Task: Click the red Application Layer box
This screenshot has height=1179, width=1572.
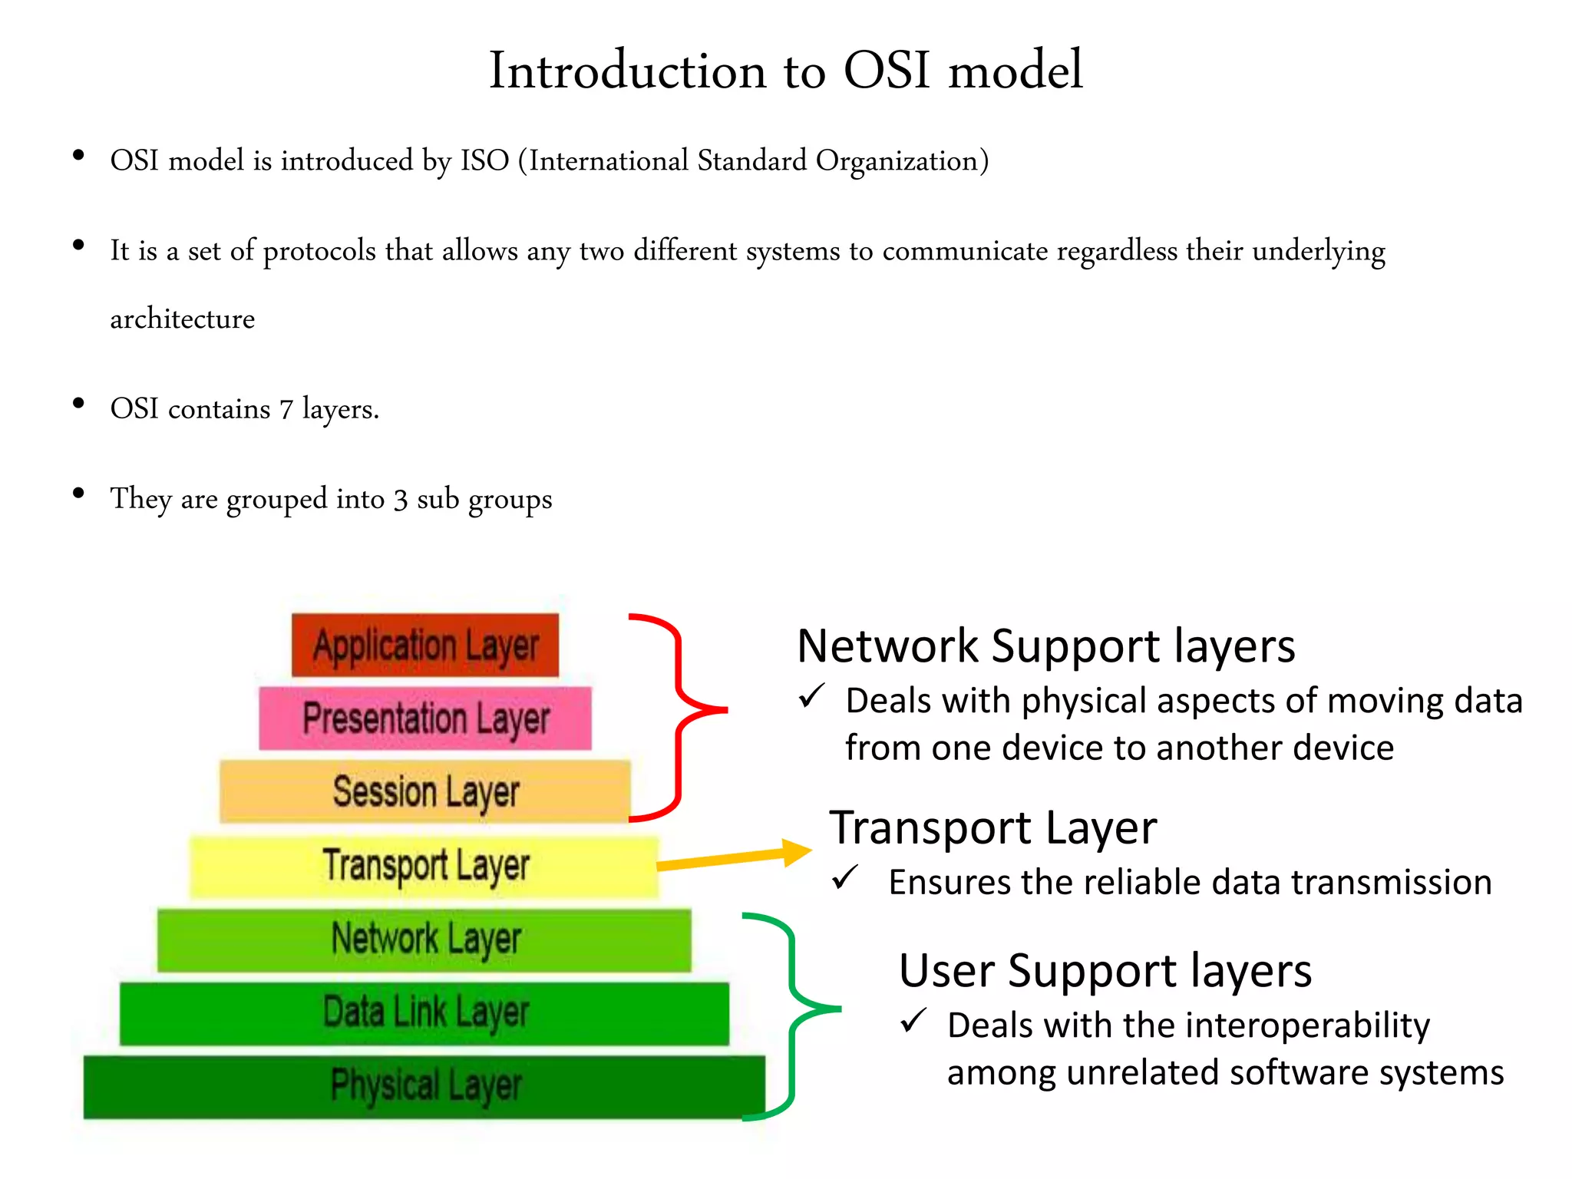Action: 424,645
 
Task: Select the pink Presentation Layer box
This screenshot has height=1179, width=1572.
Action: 424,718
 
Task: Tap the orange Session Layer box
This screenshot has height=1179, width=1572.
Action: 424,791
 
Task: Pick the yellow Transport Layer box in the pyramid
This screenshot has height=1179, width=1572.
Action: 424,865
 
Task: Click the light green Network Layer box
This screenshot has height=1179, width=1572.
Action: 424,939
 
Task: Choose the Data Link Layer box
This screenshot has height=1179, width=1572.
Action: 424,1012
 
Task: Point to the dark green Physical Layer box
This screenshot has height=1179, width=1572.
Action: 424,1085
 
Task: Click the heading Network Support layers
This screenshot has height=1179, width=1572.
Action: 1045,646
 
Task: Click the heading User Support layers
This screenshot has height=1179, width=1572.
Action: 1105,971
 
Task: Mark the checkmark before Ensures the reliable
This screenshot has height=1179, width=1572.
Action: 845,877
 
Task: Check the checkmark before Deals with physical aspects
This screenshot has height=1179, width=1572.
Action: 811,696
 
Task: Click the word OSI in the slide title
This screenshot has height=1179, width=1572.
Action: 887,71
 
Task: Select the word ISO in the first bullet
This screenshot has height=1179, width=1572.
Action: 484,161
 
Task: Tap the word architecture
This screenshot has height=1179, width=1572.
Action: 182,319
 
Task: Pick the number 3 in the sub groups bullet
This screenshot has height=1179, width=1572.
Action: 400,500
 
